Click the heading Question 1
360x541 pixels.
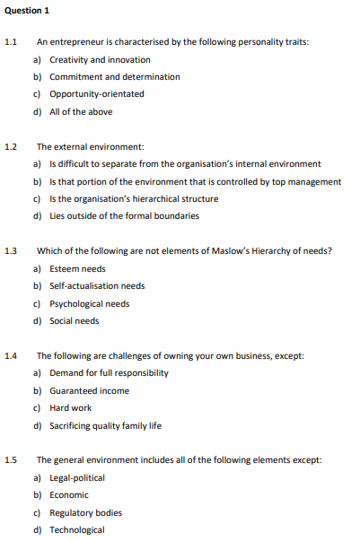[x=26, y=9]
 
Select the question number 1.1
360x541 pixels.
[x=11, y=42]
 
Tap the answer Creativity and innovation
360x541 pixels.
[x=87, y=59]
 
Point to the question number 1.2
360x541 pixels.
[x=11, y=146]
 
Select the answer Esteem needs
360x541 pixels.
[x=77, y=268]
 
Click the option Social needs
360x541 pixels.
[x=74, y=321]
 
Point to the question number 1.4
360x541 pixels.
[x=11, y=355]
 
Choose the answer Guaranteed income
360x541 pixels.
[x=89, y=390]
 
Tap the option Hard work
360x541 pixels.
[x=70, y=408]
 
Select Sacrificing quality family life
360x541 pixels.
[x=105, y=425]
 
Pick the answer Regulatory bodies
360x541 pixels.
[x=85, y=512]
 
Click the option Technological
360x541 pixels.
[x=76, y=529]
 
